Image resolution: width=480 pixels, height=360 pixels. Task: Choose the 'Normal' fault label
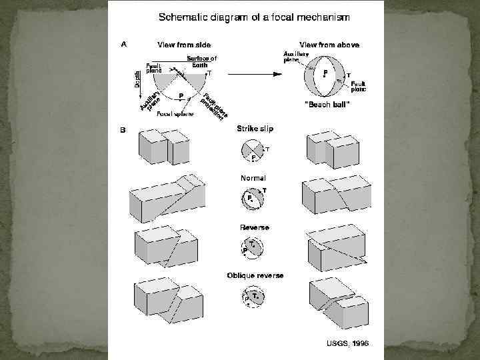tap(253, 178)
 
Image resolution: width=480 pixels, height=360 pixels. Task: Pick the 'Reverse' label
tap(254, 228)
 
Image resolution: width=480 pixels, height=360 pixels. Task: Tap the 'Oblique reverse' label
tap(254, 275)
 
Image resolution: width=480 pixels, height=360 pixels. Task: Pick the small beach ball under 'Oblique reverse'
tap(253, 297)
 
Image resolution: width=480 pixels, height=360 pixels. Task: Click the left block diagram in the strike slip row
tap(162, 147)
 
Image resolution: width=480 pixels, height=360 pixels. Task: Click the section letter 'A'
tap(123, 45)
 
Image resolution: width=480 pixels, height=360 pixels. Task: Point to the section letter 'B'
tap(123, 130)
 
